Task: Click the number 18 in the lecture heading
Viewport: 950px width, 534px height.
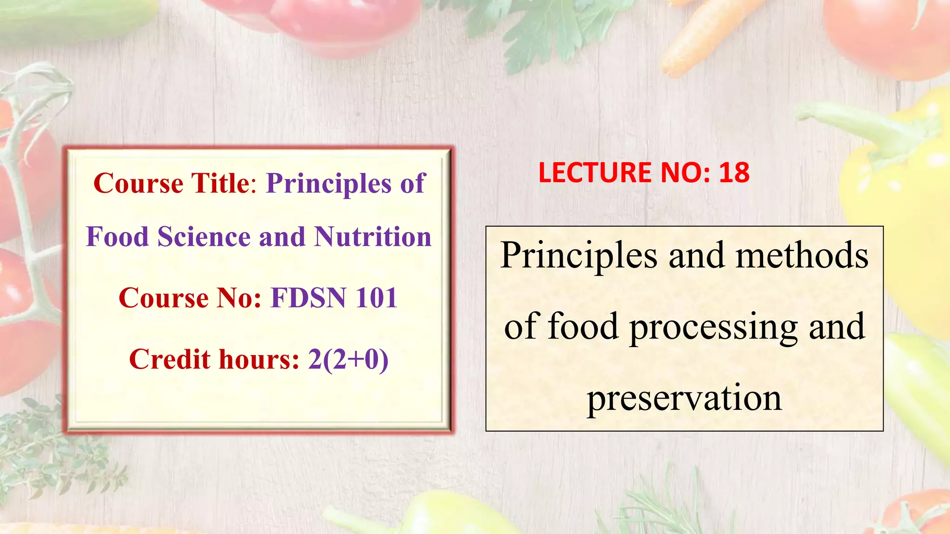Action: [734, 172]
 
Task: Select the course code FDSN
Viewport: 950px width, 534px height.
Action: [308, 298]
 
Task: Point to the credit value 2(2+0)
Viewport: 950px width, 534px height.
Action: [348, 359]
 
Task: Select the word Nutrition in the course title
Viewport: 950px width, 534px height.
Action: [372, 237]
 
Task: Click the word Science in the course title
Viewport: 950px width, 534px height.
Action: [204, 237]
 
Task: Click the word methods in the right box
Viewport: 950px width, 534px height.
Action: [802, 255]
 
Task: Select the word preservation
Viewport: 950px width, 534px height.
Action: [684, 398]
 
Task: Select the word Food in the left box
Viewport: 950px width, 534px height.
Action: [117, 237]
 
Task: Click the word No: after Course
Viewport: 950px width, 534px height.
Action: [239, 298]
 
